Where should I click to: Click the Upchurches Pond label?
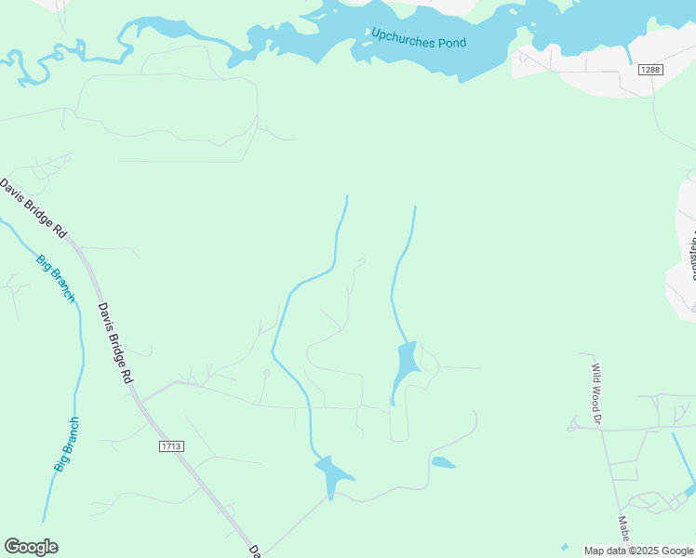pos(419,38)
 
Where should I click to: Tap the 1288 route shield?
pos(649,70)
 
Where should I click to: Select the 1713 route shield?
pos(171,446)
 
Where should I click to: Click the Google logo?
pos(31,547)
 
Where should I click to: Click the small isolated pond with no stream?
pos(444,462)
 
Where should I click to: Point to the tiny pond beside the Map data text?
pos(564,546)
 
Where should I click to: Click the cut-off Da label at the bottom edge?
pos(254,551)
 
